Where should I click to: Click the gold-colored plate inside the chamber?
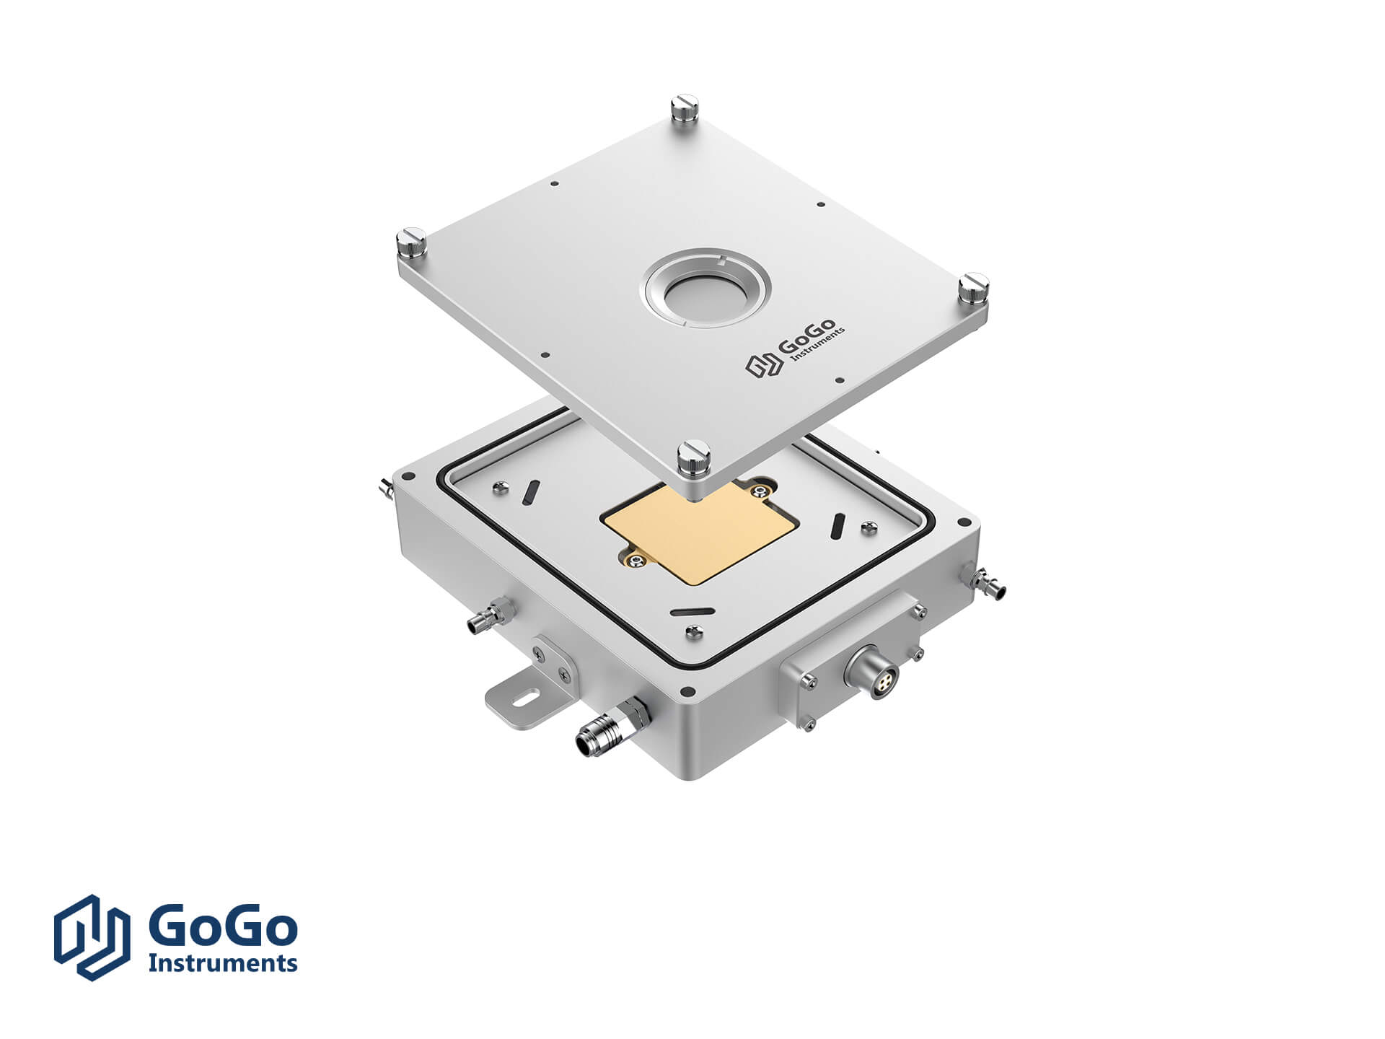[x=700, y=530]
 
